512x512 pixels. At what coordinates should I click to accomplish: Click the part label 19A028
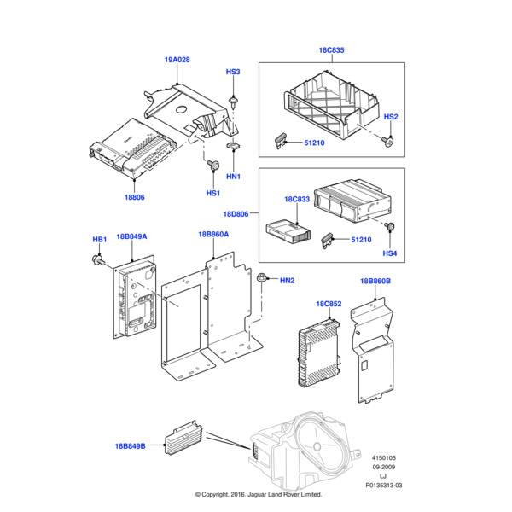[177, 60]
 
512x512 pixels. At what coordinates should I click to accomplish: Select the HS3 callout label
[233, 72]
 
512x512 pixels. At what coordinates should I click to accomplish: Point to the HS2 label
[391, 116]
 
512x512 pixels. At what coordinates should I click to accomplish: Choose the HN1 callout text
[233, 176]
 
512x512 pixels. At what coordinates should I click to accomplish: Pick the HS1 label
[212, 193]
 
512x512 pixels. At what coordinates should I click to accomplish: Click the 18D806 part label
[236, 214]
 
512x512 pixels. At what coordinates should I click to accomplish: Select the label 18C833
[296, 200]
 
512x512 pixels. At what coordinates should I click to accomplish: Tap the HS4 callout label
[389, 253]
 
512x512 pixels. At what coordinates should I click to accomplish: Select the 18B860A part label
[213, 233]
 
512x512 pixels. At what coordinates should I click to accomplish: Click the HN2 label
[287, 281]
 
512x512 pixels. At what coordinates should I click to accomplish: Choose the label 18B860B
[375, 281]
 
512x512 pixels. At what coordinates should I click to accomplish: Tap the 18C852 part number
[329, 303]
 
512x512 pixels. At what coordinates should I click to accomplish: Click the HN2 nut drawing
[267, 278]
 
